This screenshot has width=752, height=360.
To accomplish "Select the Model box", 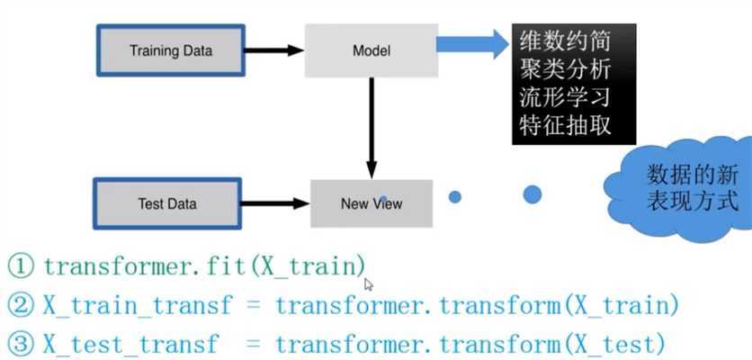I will click(371, 49).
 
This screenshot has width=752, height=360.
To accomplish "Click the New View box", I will click(372, 202).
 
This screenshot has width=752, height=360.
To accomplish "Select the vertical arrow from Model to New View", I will click(371, 126).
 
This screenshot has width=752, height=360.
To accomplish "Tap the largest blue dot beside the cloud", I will click(532, 193).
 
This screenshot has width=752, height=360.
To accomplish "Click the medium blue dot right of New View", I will click(455, 196).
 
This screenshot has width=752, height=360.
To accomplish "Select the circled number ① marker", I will click(21, 265).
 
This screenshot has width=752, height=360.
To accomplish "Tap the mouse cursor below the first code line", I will click(368, 284).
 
